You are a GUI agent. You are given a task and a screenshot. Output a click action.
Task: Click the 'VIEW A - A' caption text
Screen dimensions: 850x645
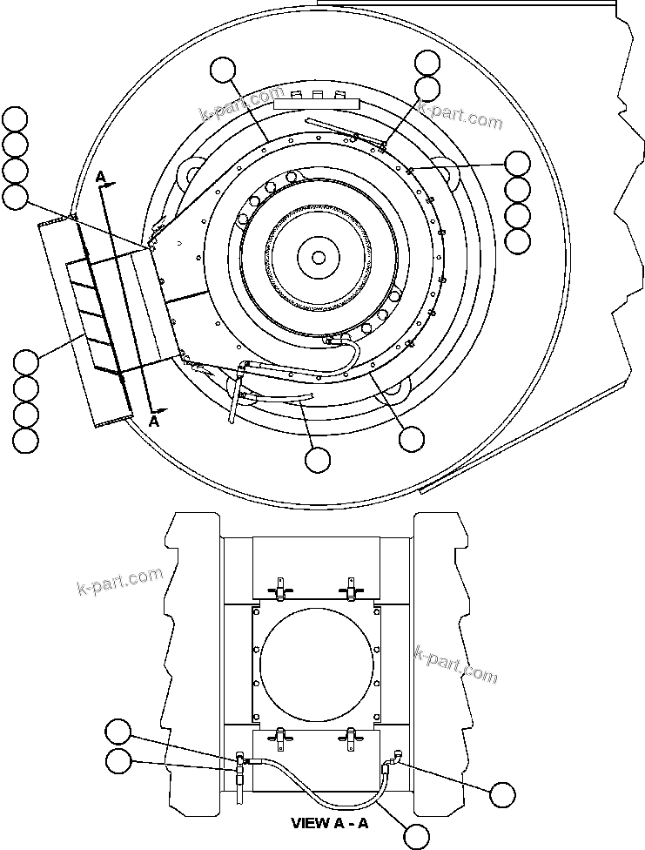click(x=329, y=823)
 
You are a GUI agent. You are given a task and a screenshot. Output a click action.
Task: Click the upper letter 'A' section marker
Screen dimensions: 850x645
click(x=101, y=178)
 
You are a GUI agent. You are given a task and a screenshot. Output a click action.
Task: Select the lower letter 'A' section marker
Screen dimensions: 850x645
click(x=154, y=421)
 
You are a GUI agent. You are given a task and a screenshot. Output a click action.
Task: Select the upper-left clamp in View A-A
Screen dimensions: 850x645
click(x=279, y=590)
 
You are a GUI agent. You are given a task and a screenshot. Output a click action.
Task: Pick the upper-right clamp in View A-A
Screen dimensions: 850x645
click(x=351, y=590)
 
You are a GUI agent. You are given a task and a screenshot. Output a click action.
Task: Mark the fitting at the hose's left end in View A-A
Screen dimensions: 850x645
click(x=239, y=764)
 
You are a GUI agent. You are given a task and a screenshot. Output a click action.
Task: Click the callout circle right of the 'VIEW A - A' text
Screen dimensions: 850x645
click(x=418, y=836)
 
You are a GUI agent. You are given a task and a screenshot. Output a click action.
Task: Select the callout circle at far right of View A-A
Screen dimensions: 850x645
click(x=502, y=794)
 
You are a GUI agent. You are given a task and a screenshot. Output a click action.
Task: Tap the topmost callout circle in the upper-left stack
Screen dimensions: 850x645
click(x=15, y=118)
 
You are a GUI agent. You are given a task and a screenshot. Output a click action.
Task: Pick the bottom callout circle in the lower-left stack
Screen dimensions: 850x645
click(x=26, y=440)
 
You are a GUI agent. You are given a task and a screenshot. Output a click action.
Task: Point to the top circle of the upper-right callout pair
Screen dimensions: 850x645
click(x=427, y=63)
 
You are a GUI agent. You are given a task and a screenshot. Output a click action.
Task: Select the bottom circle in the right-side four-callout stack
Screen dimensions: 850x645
click(x=517, y=241)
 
